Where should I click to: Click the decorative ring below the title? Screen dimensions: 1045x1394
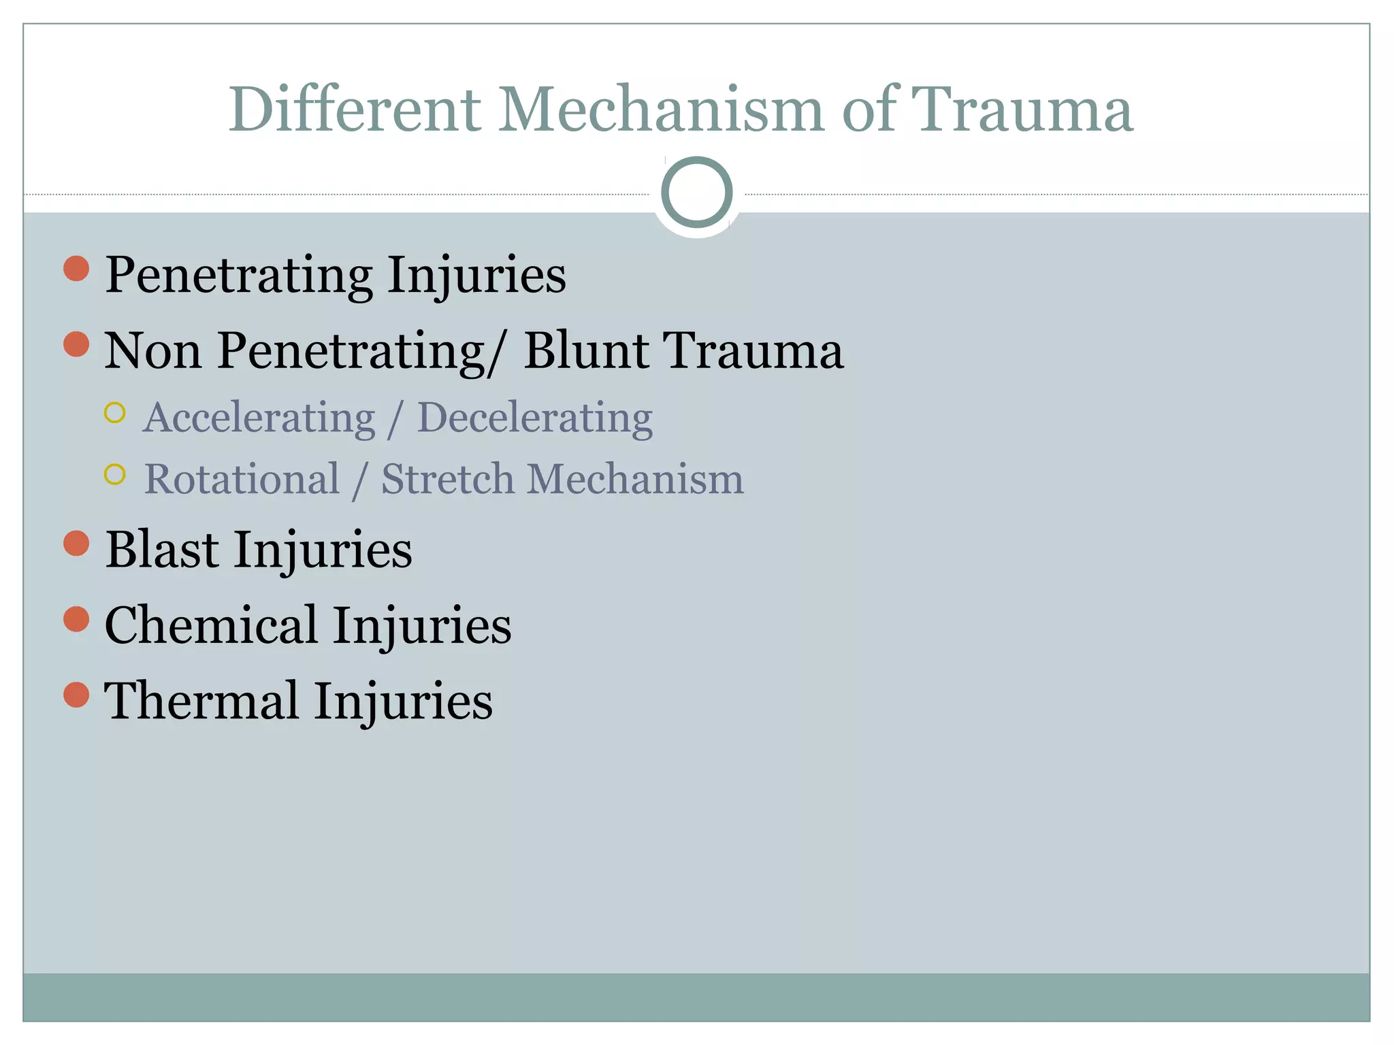tap(697, 193)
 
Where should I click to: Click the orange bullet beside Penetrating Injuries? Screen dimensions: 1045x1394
tap(76, 269)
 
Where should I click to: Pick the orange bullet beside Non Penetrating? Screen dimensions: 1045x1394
tap(76, 344)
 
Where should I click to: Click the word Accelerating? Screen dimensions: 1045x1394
tap(259, 418)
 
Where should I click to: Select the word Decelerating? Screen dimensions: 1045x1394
tap(534, 418)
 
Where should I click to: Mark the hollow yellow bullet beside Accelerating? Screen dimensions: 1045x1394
tap(115, 413)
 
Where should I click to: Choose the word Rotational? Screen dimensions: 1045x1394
tap(242, 479)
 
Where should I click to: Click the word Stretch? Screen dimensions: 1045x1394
tap(447, 479)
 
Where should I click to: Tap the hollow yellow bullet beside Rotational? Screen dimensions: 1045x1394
tap(115, 474)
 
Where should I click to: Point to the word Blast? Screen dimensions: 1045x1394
tap(162, 550)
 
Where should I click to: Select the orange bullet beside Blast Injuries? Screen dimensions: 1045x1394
tap(76, 544)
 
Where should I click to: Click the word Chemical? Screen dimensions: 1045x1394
tap(211, 625)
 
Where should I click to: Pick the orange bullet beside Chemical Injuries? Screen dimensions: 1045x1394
tap(76, 619)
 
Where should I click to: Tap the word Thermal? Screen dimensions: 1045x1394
tap(201, 701)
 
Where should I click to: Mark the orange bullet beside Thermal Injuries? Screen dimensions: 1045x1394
tap(76, 695)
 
